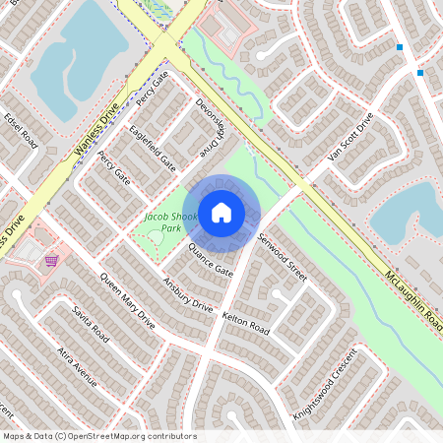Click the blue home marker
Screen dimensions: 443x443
(x=221, y=213)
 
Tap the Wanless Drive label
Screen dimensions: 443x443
(x=96, y=130)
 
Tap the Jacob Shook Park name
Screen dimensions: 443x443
(x=171, y=221)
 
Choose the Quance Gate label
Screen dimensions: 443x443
(x=210, y=260)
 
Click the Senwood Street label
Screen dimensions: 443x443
(x=283, y=258)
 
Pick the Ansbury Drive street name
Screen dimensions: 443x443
(x=187, y=294)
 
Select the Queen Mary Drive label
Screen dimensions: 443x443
(x=128, y=299)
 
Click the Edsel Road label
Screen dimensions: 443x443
(x=20, y=129)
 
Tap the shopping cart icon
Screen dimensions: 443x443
(x=50, y=261)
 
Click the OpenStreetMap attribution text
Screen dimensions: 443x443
(x=99, y=436)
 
